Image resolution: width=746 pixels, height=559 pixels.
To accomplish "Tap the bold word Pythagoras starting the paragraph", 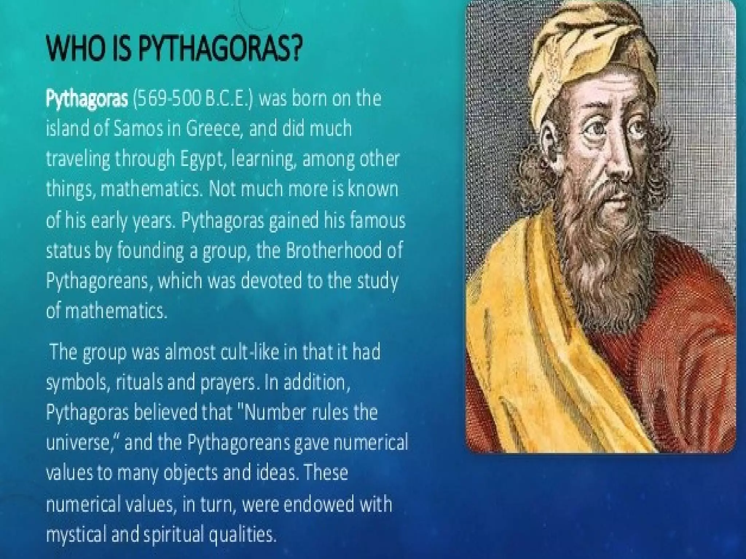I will [87, 99].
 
